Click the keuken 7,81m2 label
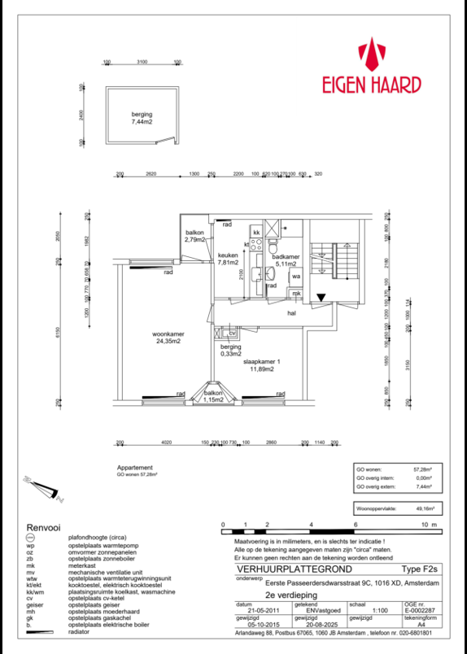229,259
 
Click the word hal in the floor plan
290,312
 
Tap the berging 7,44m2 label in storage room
142,118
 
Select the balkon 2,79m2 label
195,237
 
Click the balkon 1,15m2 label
213,397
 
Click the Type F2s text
420,570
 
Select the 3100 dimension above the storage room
142,62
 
